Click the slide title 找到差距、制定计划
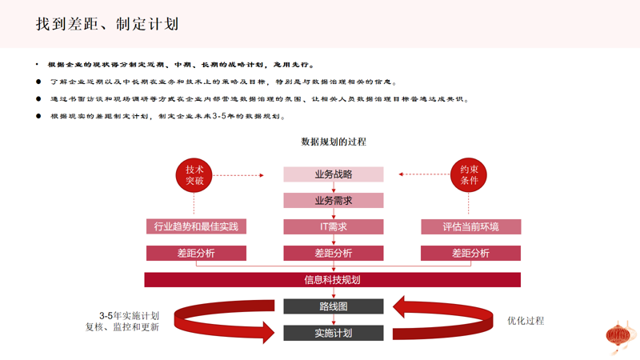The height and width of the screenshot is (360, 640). (106, 23)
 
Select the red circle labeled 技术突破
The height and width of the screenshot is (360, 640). (195, 175)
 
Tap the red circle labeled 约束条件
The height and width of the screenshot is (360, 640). (470, 175)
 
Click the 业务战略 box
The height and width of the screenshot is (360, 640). (334, 174)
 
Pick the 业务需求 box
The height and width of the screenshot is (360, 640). (334, 200)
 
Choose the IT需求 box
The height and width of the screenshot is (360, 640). (334, 226)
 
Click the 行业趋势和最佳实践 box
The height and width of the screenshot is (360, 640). (196, 226)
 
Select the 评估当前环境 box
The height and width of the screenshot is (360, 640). (470, 226)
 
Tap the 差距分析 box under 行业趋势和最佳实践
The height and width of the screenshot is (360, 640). (196, 253)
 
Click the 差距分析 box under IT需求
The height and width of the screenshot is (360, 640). (334, 253)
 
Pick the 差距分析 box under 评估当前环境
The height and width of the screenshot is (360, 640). (470, 253)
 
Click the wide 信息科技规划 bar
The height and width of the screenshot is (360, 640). (333, 279)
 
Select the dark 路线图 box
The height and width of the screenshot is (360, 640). (334, 306)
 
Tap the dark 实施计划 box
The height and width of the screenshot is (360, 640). (334, 332)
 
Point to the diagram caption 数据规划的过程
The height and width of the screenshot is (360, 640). (334, 142)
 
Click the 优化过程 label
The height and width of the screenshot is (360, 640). (526, 321)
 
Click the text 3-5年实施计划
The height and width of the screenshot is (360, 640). (129, 315)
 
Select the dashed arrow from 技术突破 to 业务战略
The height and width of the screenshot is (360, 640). (239, 175)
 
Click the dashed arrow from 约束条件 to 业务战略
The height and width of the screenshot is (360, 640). (424, 174)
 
